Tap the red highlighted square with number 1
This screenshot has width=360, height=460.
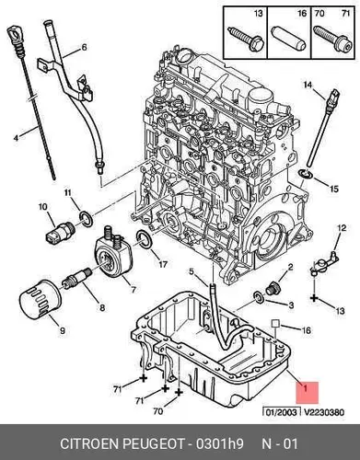[308, 393]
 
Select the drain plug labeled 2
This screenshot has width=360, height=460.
[272, 289]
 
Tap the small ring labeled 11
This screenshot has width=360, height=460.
[86, 220]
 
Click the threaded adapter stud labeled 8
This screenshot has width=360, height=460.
[76, 277]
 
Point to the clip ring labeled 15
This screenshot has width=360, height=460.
[306, 174]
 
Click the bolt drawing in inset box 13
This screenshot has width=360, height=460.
[246, 40]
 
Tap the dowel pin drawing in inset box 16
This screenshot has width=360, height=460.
[288, 40]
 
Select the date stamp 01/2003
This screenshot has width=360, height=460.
[281, 412]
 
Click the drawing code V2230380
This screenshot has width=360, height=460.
[323, 412]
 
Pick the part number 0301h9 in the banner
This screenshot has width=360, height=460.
[220, 443]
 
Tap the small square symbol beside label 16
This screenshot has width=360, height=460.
[275, 323]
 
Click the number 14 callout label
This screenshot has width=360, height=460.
[308, 84]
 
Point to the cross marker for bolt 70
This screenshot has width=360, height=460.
[179, 392]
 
